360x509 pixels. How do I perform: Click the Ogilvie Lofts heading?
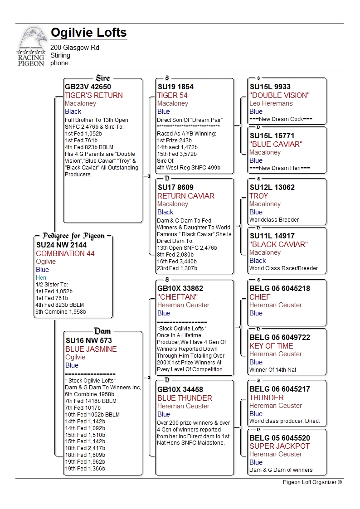tap(88, 33)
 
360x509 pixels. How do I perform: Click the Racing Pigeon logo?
tap(31, 47)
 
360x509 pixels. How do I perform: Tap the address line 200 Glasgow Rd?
tap(75, 48)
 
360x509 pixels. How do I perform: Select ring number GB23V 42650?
tap(88, 87)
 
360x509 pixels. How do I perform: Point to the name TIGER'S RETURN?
tap(93, 95)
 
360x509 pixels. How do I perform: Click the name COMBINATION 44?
tap(65, 253)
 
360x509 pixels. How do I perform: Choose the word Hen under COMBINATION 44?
tap(41, 277)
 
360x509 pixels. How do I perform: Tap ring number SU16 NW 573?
tap(88, 340)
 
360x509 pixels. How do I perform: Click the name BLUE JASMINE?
tap(91, 349)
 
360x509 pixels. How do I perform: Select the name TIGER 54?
tap(172, 95)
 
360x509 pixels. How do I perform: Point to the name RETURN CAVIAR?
tap(185, 196)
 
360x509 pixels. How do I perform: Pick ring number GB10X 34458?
tap(180, 389)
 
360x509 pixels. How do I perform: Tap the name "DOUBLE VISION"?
tap(279, 95)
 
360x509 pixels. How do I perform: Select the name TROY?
tap(258, 196)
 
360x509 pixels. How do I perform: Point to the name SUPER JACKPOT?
tap(279, 446)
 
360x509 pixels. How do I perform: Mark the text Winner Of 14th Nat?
tap(272, 370)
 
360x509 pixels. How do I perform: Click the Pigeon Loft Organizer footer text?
tap(312, 482)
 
